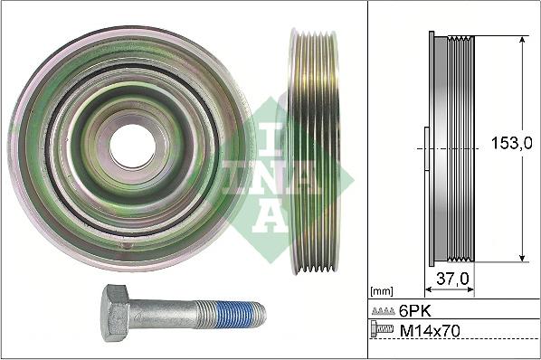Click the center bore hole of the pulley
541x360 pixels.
coord(133,145)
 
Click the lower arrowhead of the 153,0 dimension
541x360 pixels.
coord(523,259)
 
